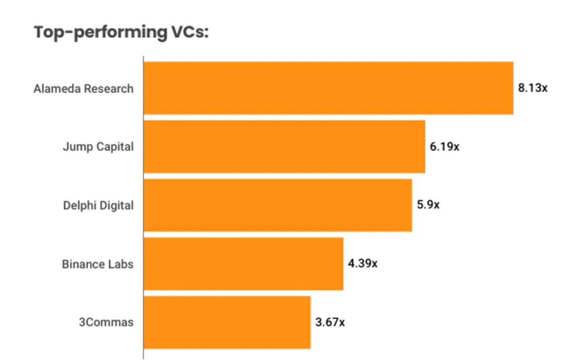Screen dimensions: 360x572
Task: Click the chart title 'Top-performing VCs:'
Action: point(121,32)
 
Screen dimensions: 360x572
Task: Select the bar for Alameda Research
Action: point(328,88)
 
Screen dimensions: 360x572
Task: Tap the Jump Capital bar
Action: point(284,146)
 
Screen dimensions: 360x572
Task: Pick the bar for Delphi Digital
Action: point(277,205)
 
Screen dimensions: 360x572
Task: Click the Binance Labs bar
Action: point(243,264)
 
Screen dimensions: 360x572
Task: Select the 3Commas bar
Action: point(227,322)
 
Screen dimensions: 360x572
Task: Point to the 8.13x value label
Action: point(533,88)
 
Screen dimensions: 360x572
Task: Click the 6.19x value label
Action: point(444,147)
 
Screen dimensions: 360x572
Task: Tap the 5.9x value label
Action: point(428,206)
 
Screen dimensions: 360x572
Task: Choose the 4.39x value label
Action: point(362,264)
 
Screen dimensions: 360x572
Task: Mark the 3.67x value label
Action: point(330,322)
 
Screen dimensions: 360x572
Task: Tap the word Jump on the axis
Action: point(77,147)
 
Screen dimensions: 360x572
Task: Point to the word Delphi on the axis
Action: point(79,206)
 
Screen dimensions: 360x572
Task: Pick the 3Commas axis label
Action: point(106,322)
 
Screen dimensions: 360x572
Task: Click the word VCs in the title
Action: point(187,32)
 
